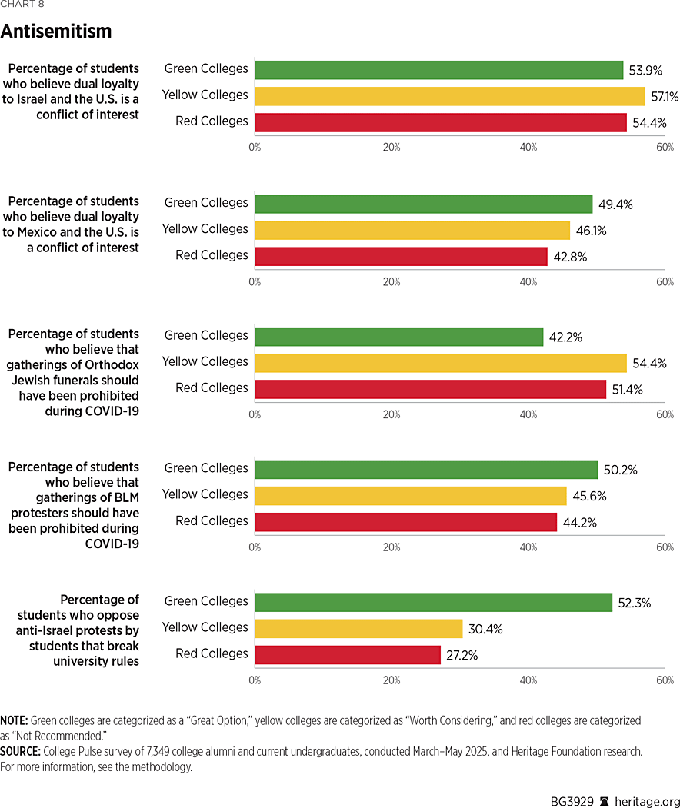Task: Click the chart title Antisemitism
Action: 56,32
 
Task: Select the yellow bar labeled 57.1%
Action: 449,95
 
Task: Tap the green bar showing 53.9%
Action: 438,69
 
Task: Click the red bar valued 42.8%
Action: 401,256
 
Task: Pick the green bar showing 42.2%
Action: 398,336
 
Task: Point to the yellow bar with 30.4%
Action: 358,628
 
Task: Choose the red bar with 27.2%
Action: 348,654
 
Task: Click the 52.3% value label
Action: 635,603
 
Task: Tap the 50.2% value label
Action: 621,470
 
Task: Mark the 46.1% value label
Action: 592,230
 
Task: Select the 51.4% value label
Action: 628,389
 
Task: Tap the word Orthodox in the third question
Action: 114,364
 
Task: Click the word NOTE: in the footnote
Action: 14,721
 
